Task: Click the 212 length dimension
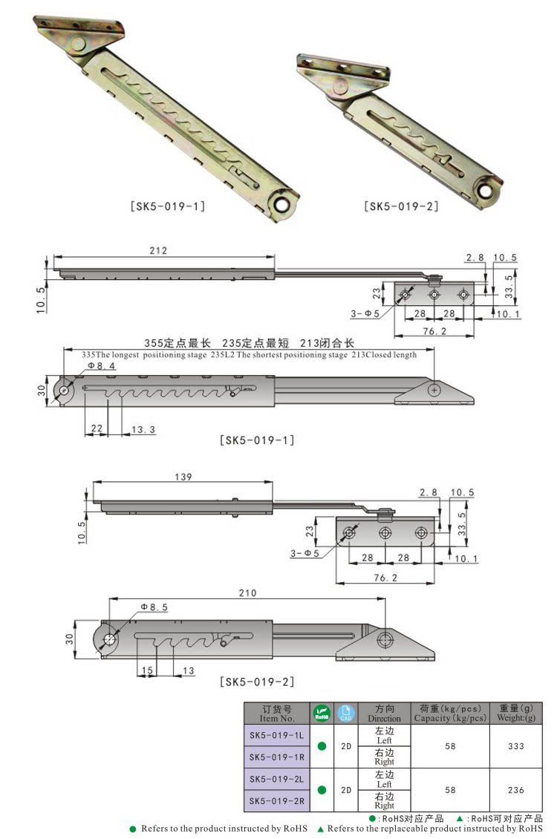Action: point(159,251)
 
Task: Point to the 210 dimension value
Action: point(247,592)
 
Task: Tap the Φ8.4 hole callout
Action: point(101,365)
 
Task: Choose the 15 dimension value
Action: point(146,670)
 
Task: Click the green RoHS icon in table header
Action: point(322,714)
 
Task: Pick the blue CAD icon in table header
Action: point(346,714)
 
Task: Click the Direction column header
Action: point(384,714)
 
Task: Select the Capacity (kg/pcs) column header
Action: point(450,714)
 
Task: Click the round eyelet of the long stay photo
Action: point(282,204)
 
